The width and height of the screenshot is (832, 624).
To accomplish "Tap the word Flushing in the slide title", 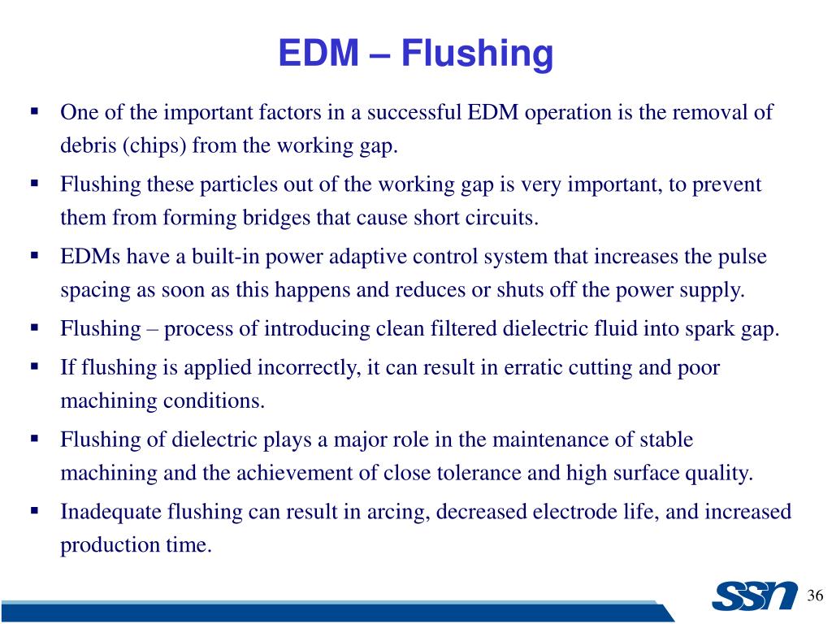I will coord(478,54).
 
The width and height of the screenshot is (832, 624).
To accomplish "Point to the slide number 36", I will coord(816,597).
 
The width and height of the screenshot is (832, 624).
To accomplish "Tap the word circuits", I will coord(503,219).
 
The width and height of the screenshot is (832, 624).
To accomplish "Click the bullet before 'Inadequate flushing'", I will coord(35,511).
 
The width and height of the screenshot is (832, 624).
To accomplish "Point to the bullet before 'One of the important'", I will coord(35,110).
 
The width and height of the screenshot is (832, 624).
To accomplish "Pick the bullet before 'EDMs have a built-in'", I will coord(35,255).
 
